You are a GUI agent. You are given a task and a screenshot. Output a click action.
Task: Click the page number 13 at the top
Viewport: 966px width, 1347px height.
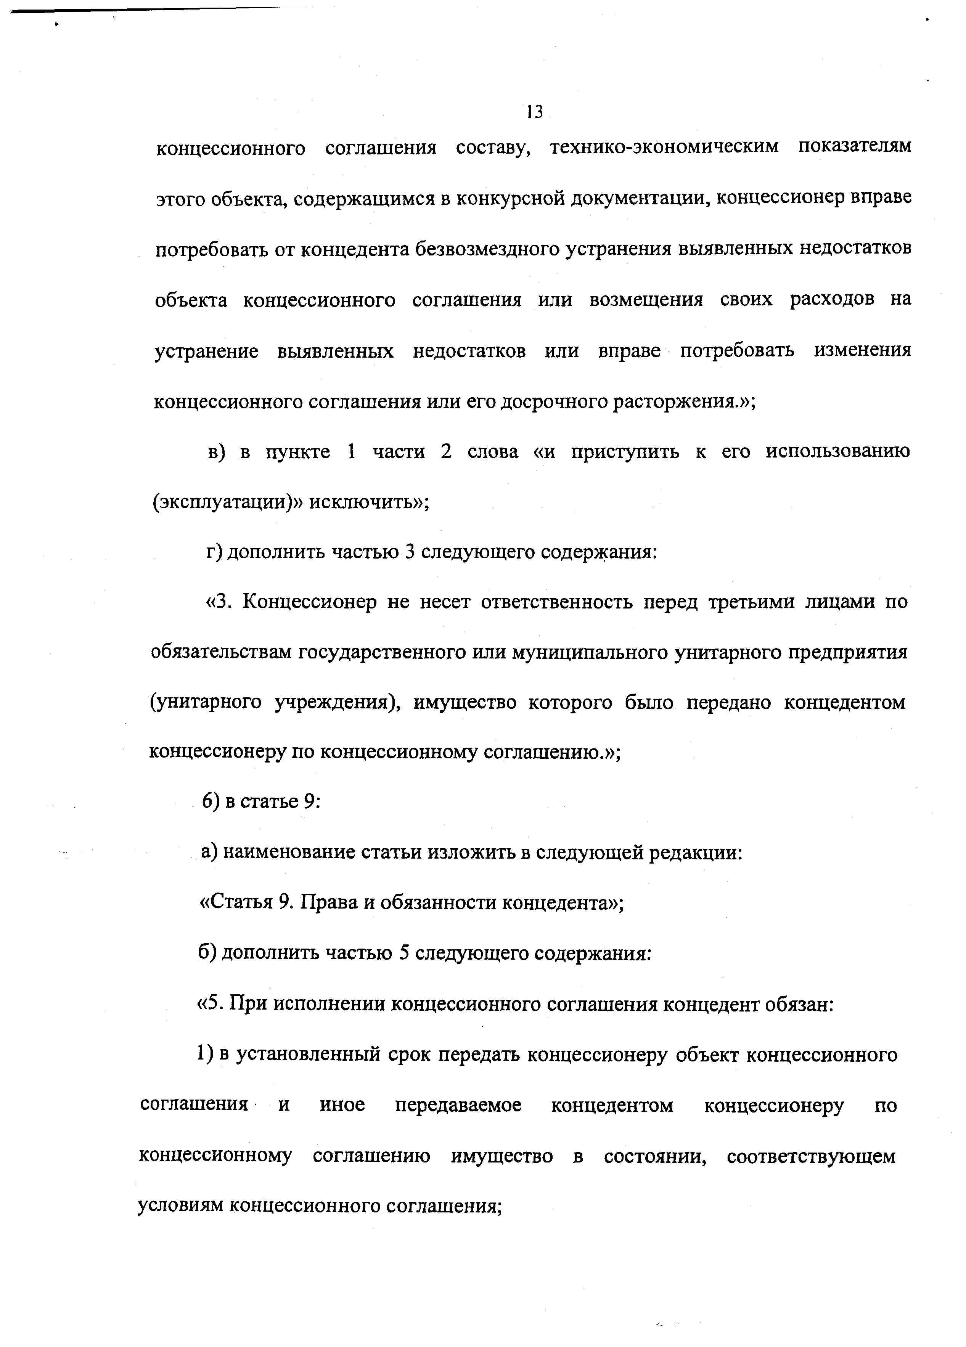534,111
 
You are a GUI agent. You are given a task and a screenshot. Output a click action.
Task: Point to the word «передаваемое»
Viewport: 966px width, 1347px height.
458,1105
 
